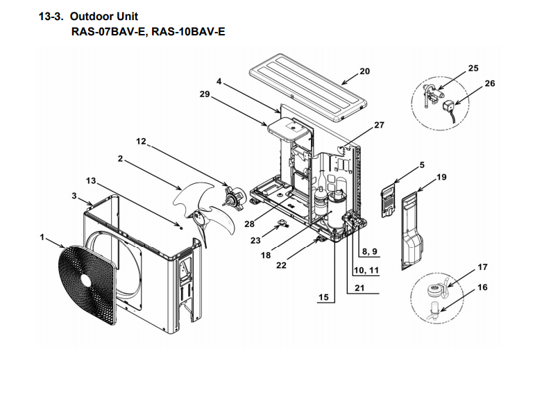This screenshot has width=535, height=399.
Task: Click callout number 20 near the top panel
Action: coord(365,71)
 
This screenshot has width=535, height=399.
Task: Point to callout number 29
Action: coord(205,95)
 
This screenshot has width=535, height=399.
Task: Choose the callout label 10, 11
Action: coord(366,270)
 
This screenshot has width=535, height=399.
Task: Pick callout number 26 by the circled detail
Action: coord(490,83)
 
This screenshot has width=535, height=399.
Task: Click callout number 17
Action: coord(483,267)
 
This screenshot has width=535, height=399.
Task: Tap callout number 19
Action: coord(442,177)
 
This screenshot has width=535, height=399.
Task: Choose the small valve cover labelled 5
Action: coord(389,199)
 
